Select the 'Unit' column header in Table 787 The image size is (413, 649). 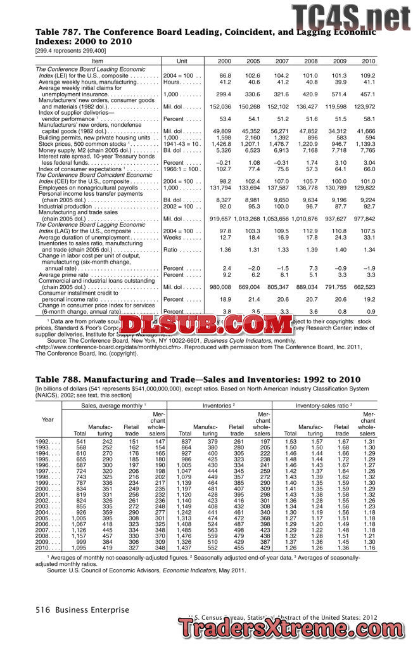pyautogui.click(x=182, y=61)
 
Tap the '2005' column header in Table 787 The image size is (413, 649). pyautogui.click(x=253, y=61)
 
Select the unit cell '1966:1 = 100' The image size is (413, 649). pyautogui.click(x=182, y=169)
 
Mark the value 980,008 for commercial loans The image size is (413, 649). pyautogui.click(x=220, y=286)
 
